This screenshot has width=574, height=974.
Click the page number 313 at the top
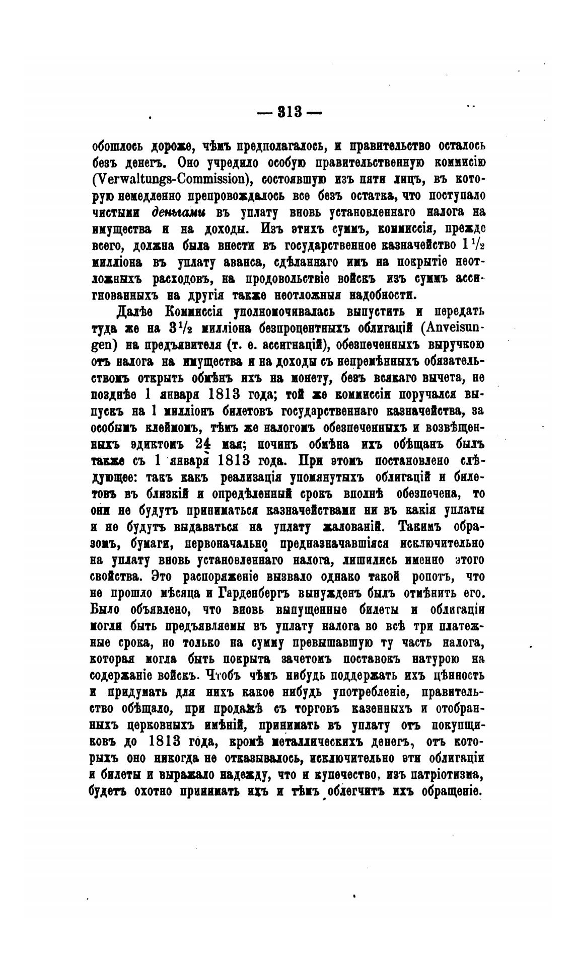click(289, 112)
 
